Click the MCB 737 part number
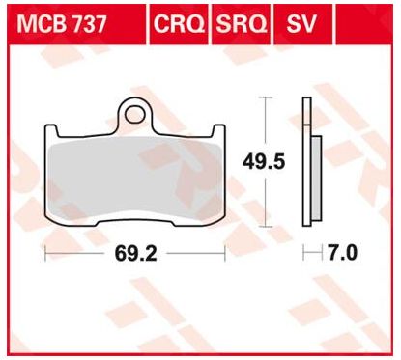point(61,24)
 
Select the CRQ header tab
point(179,24)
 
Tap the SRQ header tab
point(241,24)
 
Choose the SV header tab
point(302,24)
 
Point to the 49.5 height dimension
point(264,161)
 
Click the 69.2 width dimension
point(135,254)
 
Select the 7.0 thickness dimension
point(342,253)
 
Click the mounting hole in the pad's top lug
point(135,115)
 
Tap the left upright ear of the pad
point(51,132)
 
